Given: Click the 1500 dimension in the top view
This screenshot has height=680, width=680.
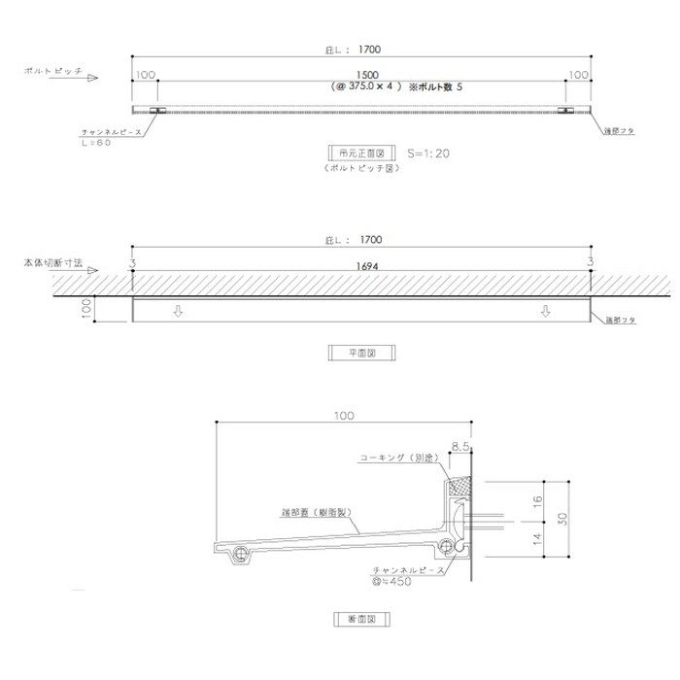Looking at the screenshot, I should (367, 74).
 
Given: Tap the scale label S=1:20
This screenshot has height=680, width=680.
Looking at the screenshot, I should (428, 153).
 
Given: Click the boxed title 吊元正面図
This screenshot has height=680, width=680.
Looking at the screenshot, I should (361, 153).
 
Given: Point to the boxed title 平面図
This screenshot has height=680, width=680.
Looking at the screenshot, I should (360, 355).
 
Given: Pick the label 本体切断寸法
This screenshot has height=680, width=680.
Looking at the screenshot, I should (55, 263).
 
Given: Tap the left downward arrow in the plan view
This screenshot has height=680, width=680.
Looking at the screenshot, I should (177, 312).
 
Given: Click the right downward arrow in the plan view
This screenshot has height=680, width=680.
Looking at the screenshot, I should (545, 312).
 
